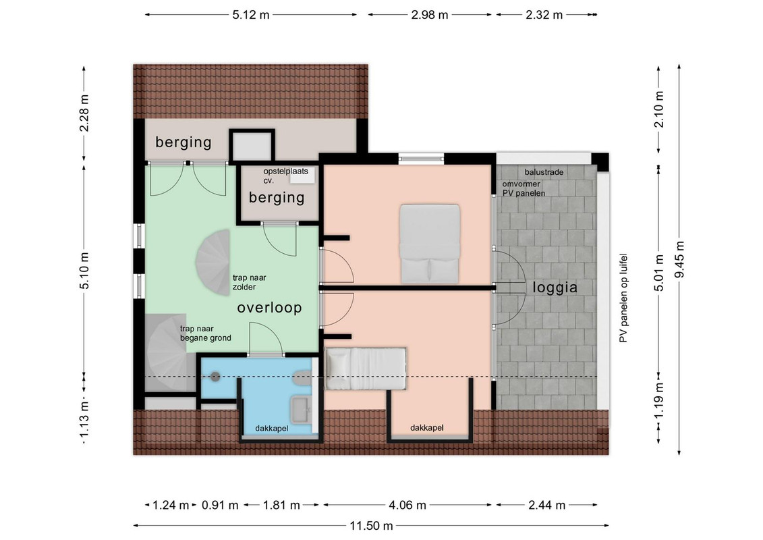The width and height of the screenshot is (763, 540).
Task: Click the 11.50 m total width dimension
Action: click(371, 526)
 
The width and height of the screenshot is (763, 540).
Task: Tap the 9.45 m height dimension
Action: click(679, 259)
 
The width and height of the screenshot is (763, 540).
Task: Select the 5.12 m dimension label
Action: click(250, 15)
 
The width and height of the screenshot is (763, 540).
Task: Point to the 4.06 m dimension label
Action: click(407, 505)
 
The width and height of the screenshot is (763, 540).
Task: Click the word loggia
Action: click(555, 288)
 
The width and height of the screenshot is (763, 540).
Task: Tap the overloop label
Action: click(270, 308)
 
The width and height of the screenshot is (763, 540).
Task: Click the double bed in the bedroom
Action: click(430, 244)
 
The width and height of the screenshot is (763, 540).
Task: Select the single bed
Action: click(366, 369)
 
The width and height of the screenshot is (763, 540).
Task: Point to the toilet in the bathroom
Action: click(303, 378)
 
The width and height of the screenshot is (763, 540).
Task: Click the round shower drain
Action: click(215, 376)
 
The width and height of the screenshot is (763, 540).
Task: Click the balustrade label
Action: click(544, 172)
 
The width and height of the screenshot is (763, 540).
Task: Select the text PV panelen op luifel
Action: click(623, 298)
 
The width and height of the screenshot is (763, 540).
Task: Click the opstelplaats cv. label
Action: click(285, 175)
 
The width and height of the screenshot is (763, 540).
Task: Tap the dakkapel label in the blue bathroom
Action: click(271, 429)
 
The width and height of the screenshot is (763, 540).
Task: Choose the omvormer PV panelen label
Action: click(524, 188)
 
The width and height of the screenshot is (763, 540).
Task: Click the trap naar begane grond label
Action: click(205, 333)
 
